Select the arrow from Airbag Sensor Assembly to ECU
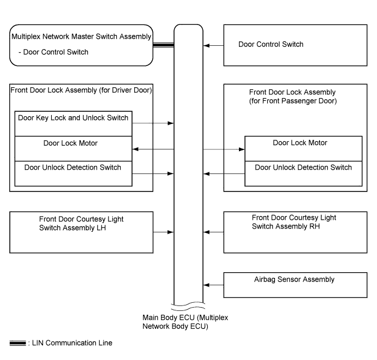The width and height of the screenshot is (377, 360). (213, 285)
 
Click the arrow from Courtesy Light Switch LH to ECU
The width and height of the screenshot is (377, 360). (163, 232)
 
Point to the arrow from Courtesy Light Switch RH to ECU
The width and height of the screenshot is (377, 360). (213, 232)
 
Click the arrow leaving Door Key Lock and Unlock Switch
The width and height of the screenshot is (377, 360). (153, 123)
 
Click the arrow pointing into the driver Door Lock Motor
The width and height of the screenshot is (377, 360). (153, 149)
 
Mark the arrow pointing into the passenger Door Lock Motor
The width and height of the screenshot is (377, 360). (224, 149)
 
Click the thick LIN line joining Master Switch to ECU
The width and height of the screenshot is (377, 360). (164, 45)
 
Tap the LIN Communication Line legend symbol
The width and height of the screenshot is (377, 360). (17, 343)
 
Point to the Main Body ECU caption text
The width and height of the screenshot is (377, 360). (185, 322)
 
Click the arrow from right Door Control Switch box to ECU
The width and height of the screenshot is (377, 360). (213, 45)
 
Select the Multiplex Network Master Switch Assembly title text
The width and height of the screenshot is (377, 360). (81, 37)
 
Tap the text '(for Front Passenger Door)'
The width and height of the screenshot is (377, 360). (293, 101)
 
